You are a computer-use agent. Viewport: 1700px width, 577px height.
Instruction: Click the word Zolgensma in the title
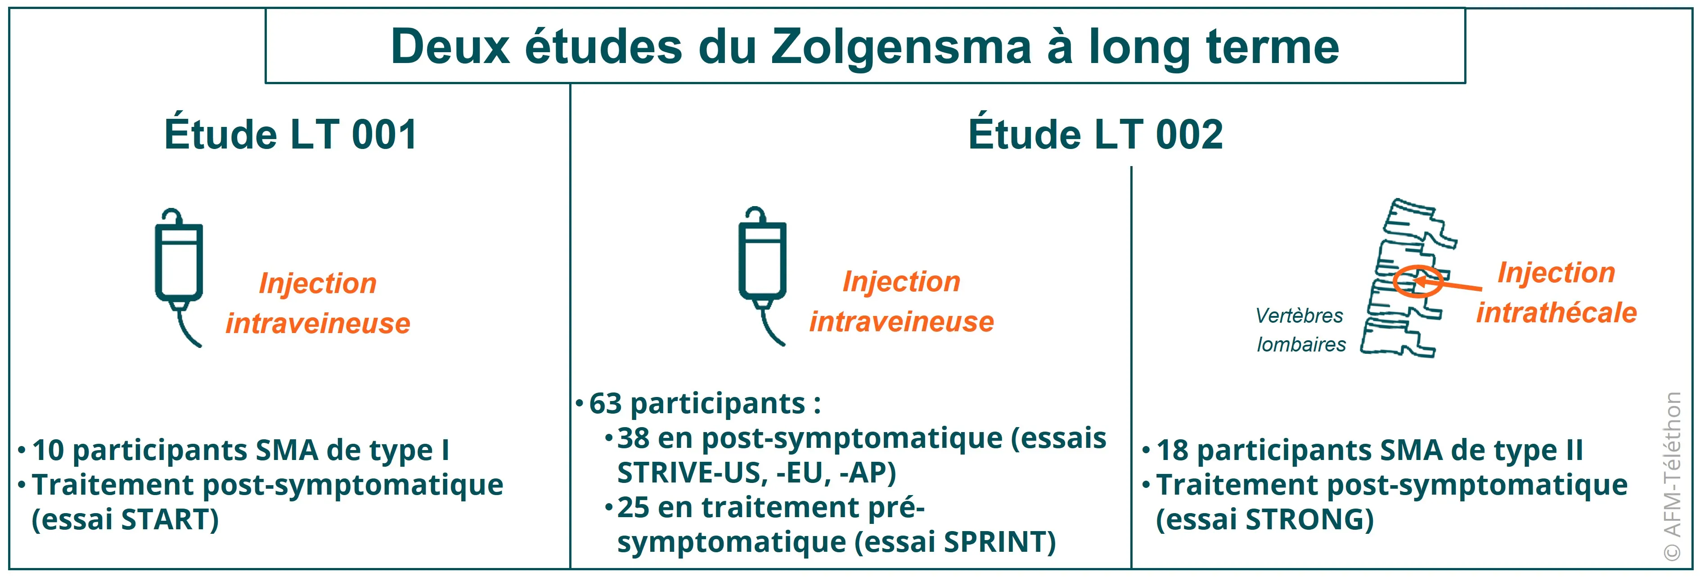tap(901, 48)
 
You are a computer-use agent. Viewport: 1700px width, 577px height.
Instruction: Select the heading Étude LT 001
tap(290, 135)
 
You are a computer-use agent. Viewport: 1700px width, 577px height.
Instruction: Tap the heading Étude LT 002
tap(1096, 135)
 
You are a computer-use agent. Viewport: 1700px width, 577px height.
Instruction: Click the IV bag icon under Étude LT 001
tap(178, 274)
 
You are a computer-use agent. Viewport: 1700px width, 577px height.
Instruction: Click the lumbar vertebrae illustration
tap(1406, 277)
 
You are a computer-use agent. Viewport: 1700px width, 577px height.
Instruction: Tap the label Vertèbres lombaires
tap(1300, 330)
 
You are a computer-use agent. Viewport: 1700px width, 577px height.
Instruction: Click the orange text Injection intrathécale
tap(1556, 293)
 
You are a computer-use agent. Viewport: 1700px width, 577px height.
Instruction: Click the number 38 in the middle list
tap(633, 438)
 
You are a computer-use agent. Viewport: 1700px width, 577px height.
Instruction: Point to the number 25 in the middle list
tap(633, 508)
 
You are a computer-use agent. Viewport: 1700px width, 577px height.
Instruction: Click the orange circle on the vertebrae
tap(1417, 282)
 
